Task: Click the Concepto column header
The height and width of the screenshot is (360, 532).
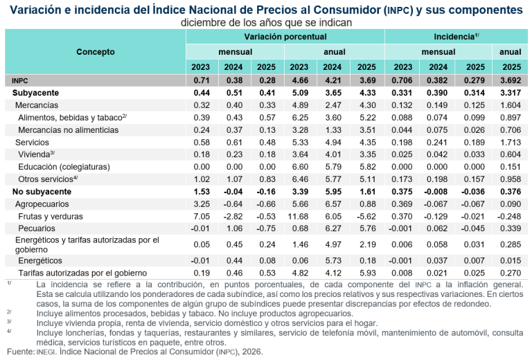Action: click(x=95, y=52)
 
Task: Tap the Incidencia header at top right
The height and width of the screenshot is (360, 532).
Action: click(x=456, y=36)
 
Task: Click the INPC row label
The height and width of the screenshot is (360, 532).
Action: click(x=21, y=80)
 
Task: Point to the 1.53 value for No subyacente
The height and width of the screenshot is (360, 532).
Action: click(x=202, y=191)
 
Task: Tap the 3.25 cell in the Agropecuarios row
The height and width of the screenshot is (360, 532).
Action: click(x=202, y=204)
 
